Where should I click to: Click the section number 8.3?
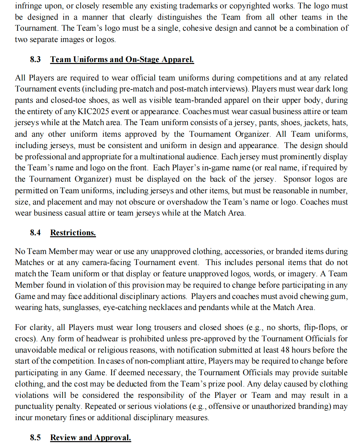click(x=35, y=59)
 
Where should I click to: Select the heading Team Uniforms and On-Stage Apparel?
click(x=122, y=59)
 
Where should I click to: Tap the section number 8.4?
click(x=35, y=233)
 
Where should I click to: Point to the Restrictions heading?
click(x=73, y=233)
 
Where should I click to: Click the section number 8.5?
click(x=35, y=438)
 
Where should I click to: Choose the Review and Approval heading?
click(x=90, y=438)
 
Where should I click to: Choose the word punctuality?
click(x=34, y=406)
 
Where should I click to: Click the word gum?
click(x=341, y=296)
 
